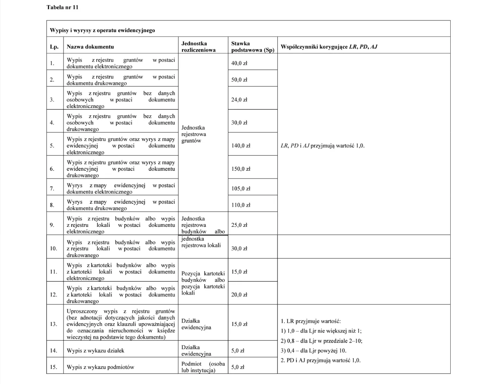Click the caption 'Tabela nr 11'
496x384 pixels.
tap(62, 7)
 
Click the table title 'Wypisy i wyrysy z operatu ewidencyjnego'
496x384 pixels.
tap(102, 30)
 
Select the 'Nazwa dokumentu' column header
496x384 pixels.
tap(90, 47)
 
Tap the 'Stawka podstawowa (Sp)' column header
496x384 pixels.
tap(252, 47)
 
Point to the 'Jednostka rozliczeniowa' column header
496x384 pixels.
tap(198, 47)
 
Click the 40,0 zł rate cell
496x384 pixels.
tap(239, 63)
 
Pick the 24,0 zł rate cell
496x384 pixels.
tap(239, 99)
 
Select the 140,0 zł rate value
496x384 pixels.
tap(241, 146)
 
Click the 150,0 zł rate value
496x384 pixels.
tap(241, 169)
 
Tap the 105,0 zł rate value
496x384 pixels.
tap(241, 189)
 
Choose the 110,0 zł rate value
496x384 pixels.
tap(241, 205)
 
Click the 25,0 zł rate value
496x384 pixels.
tap(239, 225)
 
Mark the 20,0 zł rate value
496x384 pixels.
tap(239, 295)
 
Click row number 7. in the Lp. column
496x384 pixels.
tap(52, 189)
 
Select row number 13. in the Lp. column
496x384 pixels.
tap(53, 324)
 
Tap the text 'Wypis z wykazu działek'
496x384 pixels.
tap(95, 351)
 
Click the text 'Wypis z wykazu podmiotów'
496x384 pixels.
tap(100, 367)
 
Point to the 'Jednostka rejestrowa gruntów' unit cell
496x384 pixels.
tap(194, 134)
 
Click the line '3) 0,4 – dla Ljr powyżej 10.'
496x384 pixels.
tap(313, 351)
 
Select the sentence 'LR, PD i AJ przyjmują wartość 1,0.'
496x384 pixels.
tap(322, 146)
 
